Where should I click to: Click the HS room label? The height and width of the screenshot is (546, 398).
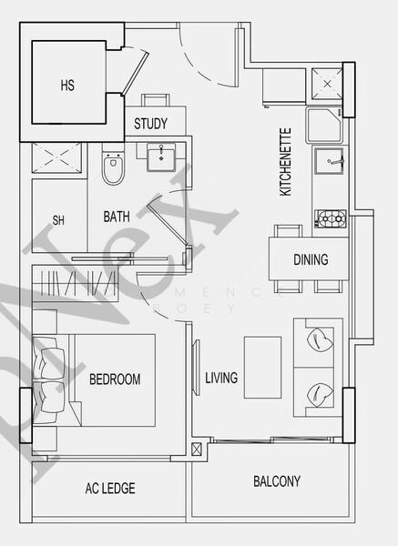click(x=67, y=86)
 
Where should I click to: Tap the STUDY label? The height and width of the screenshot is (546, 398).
click(x=151, y=124)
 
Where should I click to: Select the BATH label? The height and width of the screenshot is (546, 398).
click(x=116, y=217)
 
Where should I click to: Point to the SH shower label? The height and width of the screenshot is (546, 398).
click(x=58, y=220)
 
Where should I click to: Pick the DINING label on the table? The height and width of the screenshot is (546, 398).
click(x=311, y=259)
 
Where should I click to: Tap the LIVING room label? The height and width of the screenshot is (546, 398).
click(x=221, y=378)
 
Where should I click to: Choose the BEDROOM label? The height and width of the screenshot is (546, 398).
click(x=114, y=379)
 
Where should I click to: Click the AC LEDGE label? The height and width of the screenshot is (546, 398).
click(x=110, y=489)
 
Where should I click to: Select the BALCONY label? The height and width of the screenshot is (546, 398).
click(x=276, y=481)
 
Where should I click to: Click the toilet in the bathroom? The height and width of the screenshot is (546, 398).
click(x=112, y=167)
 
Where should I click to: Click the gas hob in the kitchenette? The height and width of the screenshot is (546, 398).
click(x=331, y=217)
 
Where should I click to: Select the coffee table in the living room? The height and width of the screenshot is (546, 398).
click(x=265, y=367)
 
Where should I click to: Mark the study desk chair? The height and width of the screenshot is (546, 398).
click(x=155, y=100)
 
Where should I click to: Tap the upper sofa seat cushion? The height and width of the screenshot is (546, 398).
click(x=319, y=340)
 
